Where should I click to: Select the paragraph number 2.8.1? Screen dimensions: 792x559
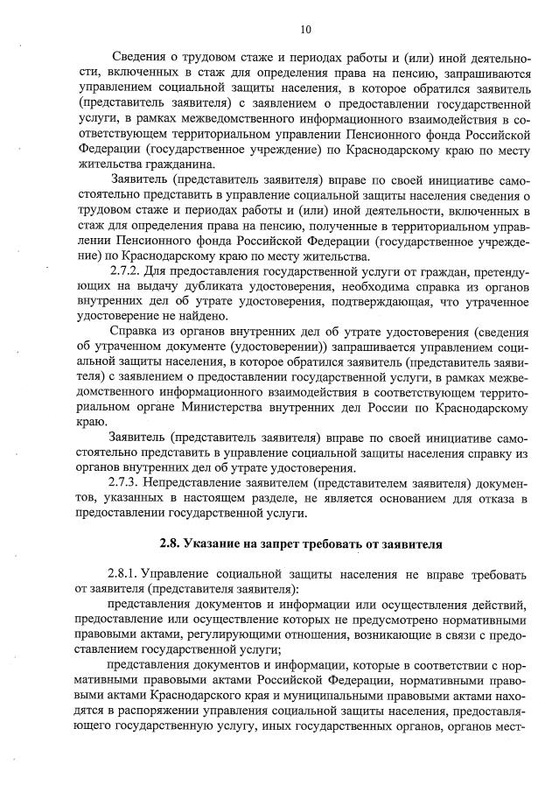(127, 575)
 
